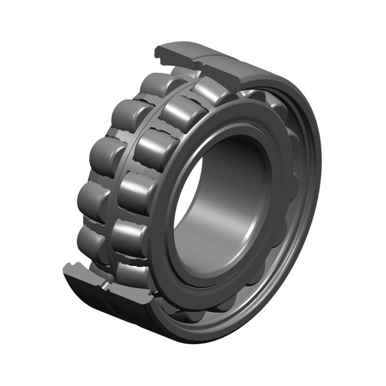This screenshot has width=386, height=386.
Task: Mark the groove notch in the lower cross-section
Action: [72, 265]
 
